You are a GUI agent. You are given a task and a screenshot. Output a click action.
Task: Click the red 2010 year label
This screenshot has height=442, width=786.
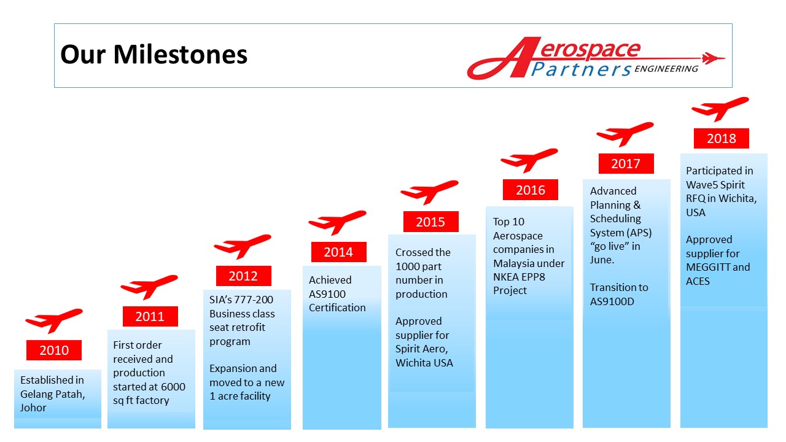point(54,350)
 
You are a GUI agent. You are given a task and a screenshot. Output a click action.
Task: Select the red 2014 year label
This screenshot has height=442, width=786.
point(338,252)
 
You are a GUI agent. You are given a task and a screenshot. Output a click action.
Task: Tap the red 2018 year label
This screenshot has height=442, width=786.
point(722,138)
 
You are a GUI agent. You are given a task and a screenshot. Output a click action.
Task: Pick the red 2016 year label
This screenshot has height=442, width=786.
point(530,190)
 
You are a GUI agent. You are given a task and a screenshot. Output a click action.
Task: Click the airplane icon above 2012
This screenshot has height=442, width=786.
point(243,246)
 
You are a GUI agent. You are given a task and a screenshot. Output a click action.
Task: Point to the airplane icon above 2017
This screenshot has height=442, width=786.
point(625,134)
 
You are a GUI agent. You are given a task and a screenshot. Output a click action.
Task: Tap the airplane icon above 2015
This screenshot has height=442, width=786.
point(429,192)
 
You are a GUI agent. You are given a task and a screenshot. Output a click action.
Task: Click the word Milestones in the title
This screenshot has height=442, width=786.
point(181,55)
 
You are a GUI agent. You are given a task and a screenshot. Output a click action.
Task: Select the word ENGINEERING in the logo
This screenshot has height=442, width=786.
point(666,69)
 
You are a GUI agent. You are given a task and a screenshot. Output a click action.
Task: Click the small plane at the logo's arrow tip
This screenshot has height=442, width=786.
point(713,58)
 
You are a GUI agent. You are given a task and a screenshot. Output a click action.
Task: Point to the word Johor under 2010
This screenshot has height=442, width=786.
point(33,408)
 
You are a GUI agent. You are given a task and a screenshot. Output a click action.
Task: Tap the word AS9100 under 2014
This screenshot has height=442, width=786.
point(327,294)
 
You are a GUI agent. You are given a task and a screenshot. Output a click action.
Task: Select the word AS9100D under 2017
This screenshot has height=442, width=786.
point(612,301)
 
